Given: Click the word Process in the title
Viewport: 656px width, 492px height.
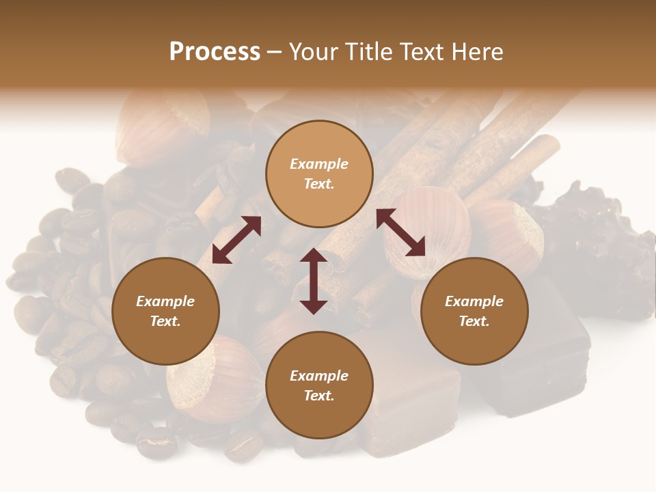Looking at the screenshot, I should (x=215, y=52).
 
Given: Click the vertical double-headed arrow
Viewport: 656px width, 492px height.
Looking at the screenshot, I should (x=313, y=281).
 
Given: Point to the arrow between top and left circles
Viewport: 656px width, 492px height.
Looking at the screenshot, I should (x=236, y=240).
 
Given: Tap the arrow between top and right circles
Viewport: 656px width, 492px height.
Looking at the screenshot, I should (x=401, y=232).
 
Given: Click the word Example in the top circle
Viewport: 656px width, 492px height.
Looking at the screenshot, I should (x=319, y=164).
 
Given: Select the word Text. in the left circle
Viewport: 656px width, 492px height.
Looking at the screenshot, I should (x=165, y=321).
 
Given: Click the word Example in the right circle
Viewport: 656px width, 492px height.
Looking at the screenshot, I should (x=474, y=301).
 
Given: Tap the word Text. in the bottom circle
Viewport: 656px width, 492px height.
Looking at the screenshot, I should (x=319, y=396).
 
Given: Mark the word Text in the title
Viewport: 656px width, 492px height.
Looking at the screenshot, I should (x=420, y=52).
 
